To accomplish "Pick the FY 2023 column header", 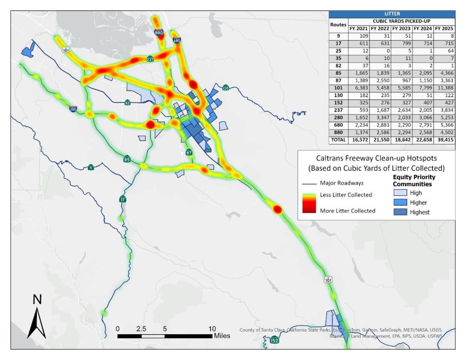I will tap(401, 29).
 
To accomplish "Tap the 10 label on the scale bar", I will tap(212, 328).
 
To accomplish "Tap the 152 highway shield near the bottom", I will tap(275, 340).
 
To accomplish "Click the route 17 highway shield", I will tap(123, 199).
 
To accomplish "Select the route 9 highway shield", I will tap(90, 167).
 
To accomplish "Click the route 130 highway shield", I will tap(226, 88).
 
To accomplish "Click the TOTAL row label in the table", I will tap(338, 141).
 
